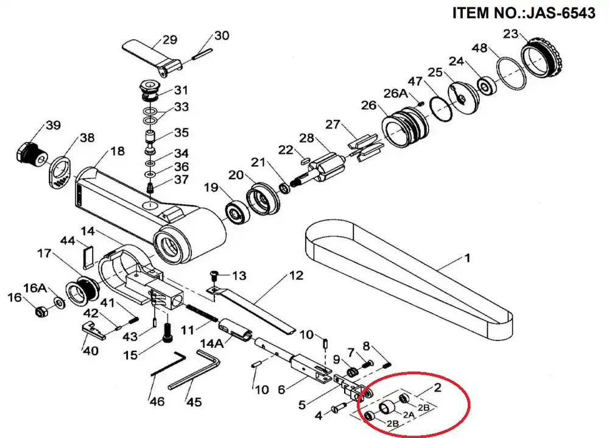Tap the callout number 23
click(x=511, y=34)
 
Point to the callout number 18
click(x=118, y=150)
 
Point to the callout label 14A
click(x=212, y=344)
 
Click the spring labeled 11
click(x=201, y=313)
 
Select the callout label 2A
click(x=409, y=415)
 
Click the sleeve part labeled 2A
click(x=387, y=407)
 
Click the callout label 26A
click(x=396, y=93)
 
